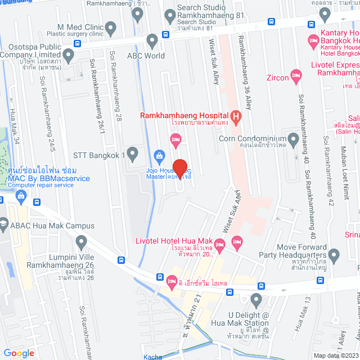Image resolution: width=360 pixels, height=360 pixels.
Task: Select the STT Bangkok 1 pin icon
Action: pyautogui.click(x=132, y=153)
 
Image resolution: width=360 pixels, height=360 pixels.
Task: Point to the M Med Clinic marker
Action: pyautogui.click(x=110, y=27)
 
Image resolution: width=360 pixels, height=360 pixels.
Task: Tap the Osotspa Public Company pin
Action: pyautogui.click(x=69, y=56)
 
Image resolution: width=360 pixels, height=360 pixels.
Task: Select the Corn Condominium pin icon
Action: pyautogui.click(x=292, y=138)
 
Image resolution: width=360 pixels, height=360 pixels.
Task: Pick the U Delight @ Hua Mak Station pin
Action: pyautogui.click(x=256, y=299)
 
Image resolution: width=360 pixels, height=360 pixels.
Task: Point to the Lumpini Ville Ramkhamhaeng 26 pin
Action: pyautogui.click(x=82, y=243)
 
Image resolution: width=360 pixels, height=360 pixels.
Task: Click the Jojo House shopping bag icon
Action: pyautogui.click(x=159, y=155)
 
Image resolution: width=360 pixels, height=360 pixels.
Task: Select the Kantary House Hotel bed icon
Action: pyautogui.click(x=313, y=40)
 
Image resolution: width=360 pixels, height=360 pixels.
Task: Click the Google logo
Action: pyautogui.click(x=19, y=353)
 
